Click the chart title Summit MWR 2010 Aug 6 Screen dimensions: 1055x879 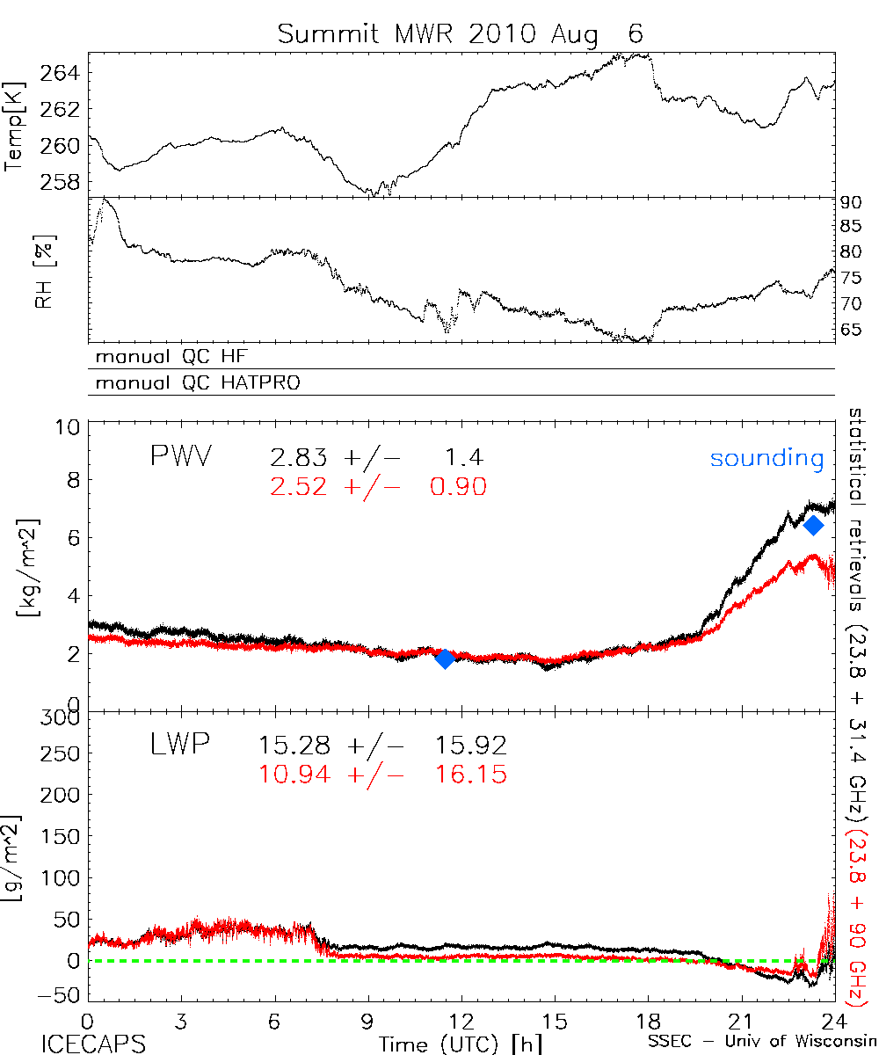pos(461,34)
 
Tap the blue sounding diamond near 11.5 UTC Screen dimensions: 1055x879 pos(445,658)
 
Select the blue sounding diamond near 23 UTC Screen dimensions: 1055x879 pos(813,525)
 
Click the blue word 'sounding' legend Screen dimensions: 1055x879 pos(767,458)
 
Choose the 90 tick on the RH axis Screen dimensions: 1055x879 pos(853,202)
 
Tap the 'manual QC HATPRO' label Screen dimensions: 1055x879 pos(190,383)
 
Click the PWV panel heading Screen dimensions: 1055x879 pos(183,457)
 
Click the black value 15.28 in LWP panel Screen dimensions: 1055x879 pos(295,747)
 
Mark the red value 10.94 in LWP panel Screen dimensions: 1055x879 pos(295,775)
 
